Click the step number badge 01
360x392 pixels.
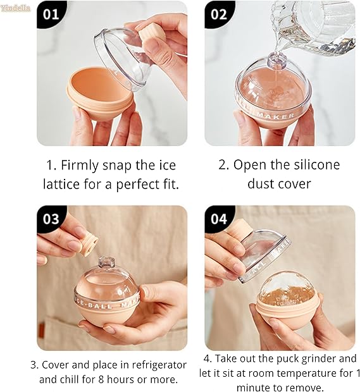(x=51, y=15)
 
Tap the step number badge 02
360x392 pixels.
(x=219, y=15)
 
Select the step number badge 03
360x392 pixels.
(x=51, y=219)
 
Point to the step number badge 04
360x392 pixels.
(x=219, y=219)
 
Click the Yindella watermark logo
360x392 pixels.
(x=16, y=8)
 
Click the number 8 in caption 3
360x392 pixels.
(x=101, y=379)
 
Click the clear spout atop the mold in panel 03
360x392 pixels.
(x=106, y=262)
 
